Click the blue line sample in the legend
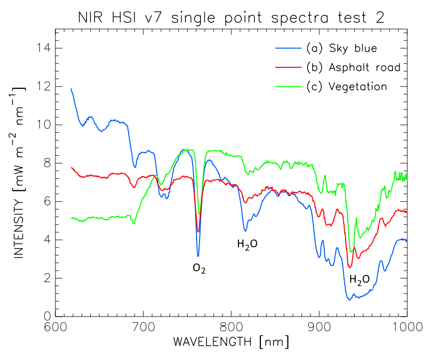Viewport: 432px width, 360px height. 289,48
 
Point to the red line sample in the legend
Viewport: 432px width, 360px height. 289,67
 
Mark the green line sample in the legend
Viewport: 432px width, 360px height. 289,86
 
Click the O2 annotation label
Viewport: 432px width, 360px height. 199,269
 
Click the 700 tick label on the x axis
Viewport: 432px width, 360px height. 144,328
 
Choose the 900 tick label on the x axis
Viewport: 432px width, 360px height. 319,328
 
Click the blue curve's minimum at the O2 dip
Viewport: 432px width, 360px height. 198,256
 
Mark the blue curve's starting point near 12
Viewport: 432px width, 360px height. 71,89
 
